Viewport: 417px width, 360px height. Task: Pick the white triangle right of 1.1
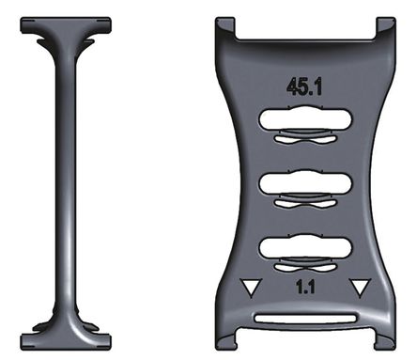pos(357,288)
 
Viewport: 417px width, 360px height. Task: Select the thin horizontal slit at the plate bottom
pos(302,318)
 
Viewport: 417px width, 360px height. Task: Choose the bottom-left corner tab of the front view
pos(226,336)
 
